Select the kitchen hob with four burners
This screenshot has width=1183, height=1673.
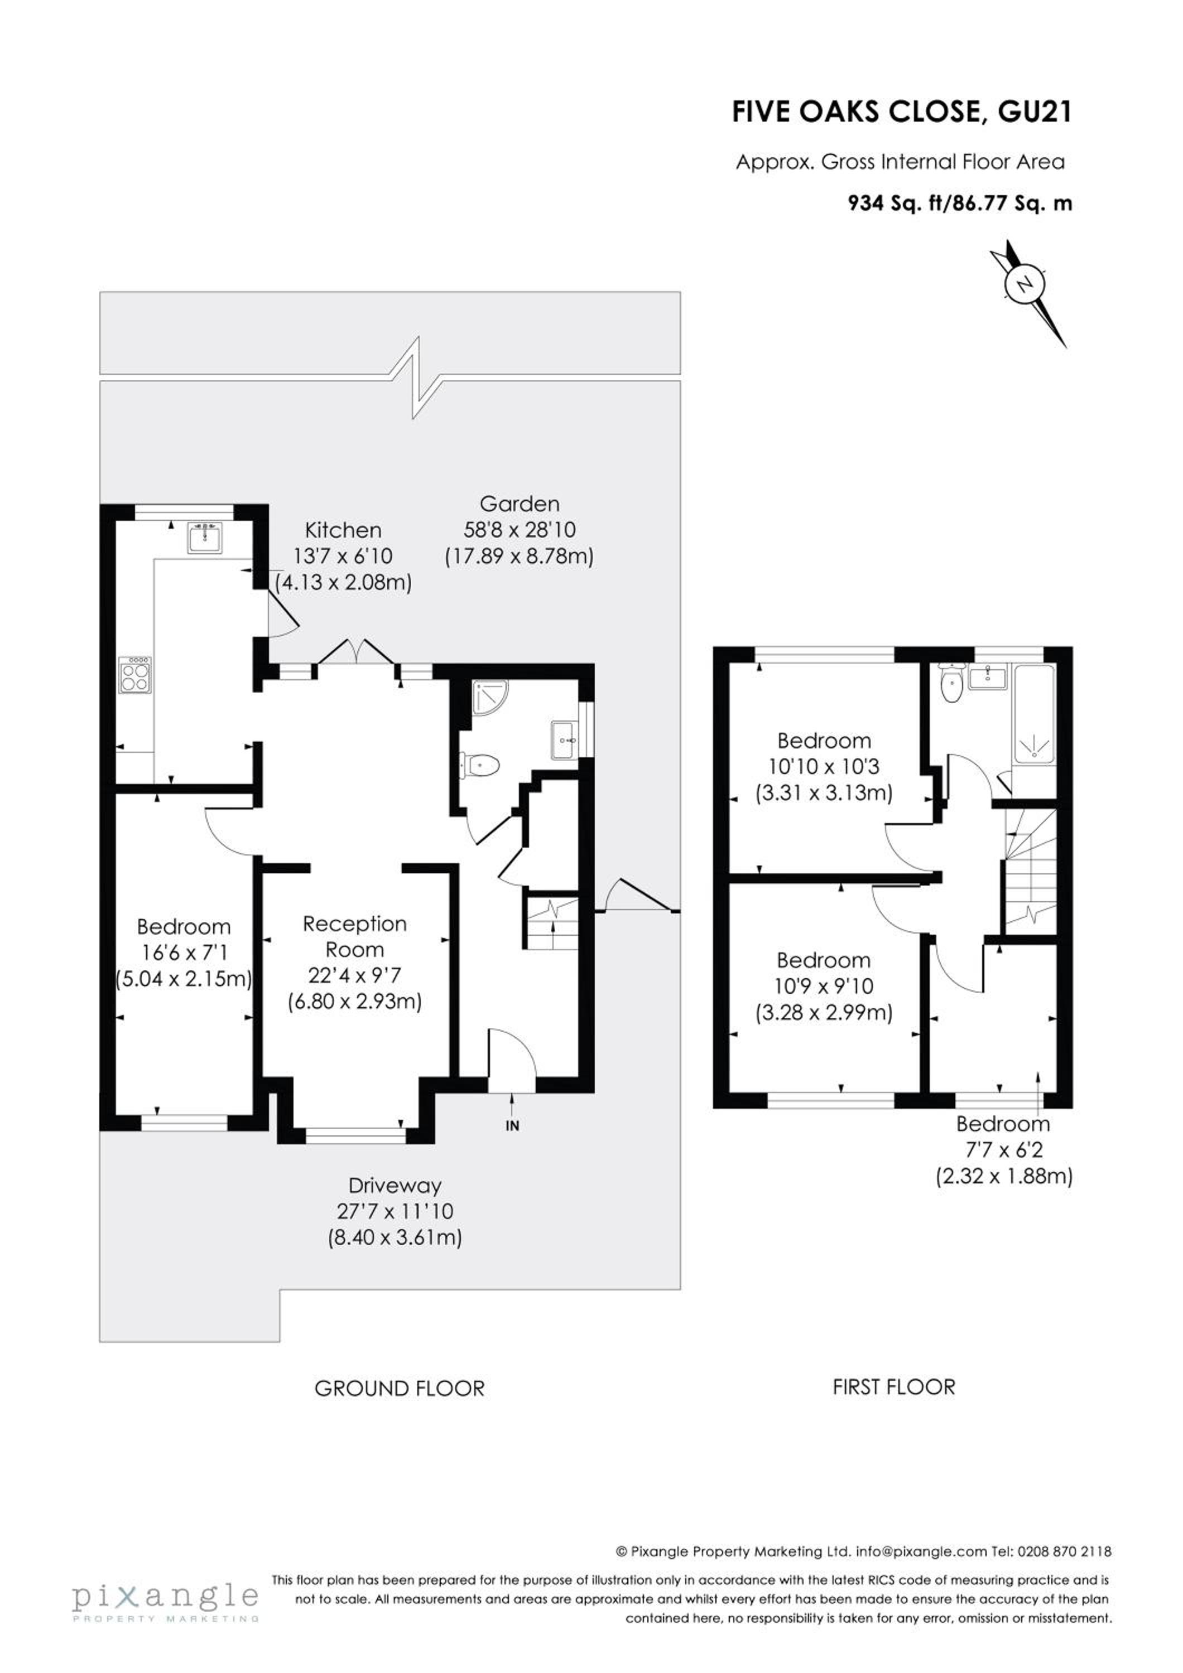pos(136,675)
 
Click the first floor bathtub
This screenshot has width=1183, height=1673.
pos(1033,715)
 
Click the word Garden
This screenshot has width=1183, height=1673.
pos(520,504)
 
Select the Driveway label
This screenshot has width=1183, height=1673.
pos(395,1186)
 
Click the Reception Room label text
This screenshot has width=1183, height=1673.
pos(355,936)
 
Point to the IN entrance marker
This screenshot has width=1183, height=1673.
pos(512,1126)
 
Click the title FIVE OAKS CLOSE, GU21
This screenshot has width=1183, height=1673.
pos(902,112)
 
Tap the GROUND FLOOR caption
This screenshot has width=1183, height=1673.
pos(400,1389)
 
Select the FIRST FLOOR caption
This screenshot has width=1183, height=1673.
pos(893,1386)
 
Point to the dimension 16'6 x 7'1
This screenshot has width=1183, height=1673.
pos(183,952)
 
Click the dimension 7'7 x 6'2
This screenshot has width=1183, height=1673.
pos(1004,1150)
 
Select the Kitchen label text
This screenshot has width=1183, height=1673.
pos(343,530)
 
